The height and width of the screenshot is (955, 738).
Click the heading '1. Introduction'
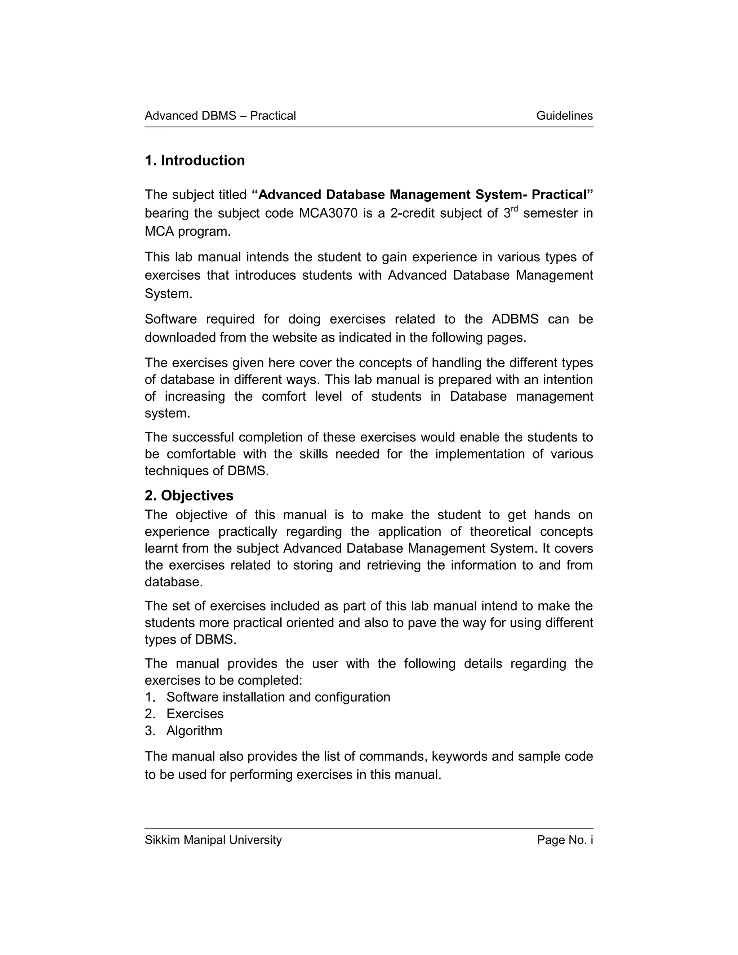click(x=195, y=160)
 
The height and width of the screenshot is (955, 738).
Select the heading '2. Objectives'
click(x=189, y=496)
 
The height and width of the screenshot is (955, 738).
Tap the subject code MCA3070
click(x=328, y=213)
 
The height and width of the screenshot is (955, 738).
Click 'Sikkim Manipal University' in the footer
click(x=213, y=840)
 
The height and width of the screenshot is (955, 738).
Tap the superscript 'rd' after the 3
click(x=514, y=209)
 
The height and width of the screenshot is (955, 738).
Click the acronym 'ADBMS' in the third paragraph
click(x=515, y=319)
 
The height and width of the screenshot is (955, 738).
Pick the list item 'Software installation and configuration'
click(x=278, y=697)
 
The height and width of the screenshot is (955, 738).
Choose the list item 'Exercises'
click(x=195, y=714)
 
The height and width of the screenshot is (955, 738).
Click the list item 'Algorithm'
click(x=194, y=731)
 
